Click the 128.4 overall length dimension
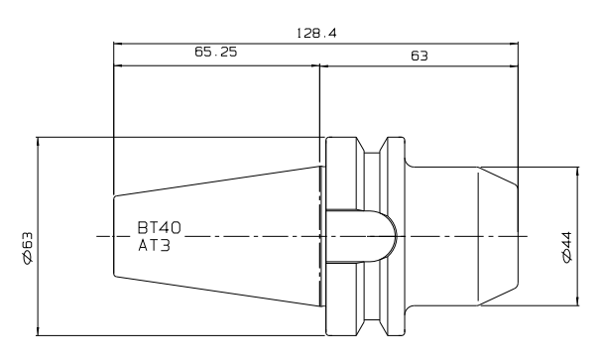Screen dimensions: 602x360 [x=316, y=34]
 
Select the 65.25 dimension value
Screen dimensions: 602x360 [x=216, y=52]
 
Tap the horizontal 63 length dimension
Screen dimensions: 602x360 [x=420, y=57]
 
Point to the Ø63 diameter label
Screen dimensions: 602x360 [x=28, y=248]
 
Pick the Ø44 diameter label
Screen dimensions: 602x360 [x=567, y=248]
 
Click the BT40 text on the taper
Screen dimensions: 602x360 [x=159, y=228]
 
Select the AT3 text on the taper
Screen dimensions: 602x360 [x=154, y=246]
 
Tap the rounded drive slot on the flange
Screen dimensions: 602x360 [x=361, y=236]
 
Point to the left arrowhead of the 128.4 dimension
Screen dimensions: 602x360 [x=118, y=45]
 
